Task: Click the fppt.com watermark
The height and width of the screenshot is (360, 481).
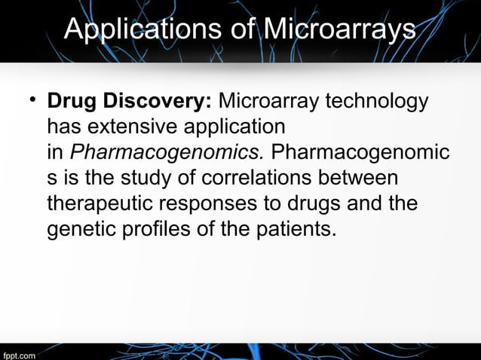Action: pyautogui.click(x=19, y=354)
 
